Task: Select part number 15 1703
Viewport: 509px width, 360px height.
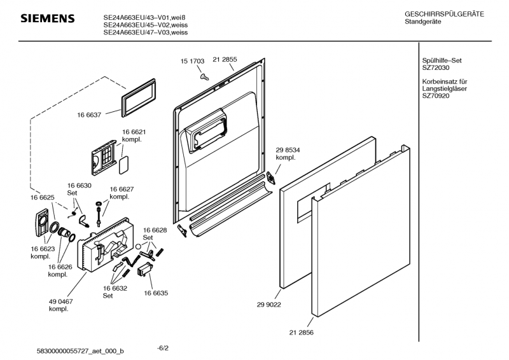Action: [x=193, y=61]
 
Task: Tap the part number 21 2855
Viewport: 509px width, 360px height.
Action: [x=225, y=59]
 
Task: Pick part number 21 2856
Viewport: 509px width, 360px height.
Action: [x=301, y=332]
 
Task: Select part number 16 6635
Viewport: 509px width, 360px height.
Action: [x=156, y=293]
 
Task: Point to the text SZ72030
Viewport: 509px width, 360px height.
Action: [x=438, y=67]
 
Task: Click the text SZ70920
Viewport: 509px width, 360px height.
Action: [x=438, y=96]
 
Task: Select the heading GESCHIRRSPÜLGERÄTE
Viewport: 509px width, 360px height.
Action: [x=444, y=14]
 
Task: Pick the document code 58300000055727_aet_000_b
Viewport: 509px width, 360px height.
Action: [x=81, y=351]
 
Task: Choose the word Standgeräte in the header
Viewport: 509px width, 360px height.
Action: [x=423, y=22]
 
